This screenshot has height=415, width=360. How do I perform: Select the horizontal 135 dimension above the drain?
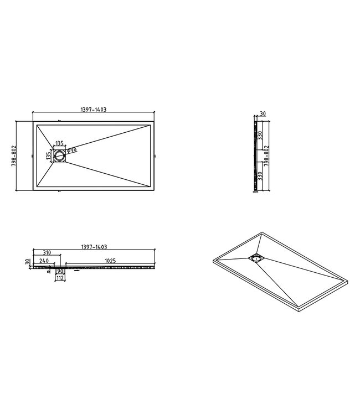(x=59, y=142)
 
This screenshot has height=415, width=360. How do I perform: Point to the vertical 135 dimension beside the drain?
(x=48, y=156)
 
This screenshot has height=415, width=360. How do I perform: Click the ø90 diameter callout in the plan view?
(x=71, y=150)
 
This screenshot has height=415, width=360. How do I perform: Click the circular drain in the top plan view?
(x=60, y=156)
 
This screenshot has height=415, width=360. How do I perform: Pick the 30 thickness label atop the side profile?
(x=263, y=113)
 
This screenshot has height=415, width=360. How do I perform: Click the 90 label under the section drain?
(x=59, y=272)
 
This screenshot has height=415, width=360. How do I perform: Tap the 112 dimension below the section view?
(x=59, y=278)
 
